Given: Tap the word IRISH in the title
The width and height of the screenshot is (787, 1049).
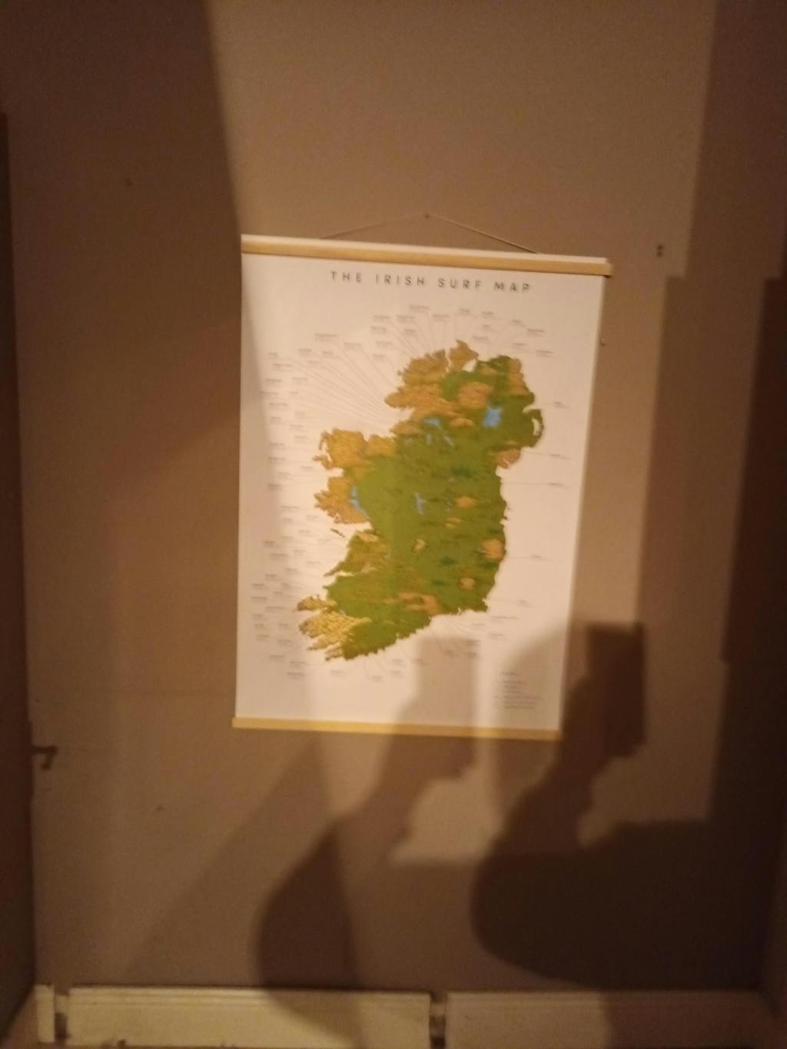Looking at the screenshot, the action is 400,280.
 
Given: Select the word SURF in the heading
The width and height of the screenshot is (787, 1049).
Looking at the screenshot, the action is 460,282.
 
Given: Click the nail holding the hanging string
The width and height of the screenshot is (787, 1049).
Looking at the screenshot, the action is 428,216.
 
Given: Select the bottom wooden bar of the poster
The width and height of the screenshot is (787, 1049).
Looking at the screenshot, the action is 396,730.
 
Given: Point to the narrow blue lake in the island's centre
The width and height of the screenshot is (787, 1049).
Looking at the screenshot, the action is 420,503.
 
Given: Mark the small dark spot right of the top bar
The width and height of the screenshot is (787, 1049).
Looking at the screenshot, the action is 659,251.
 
